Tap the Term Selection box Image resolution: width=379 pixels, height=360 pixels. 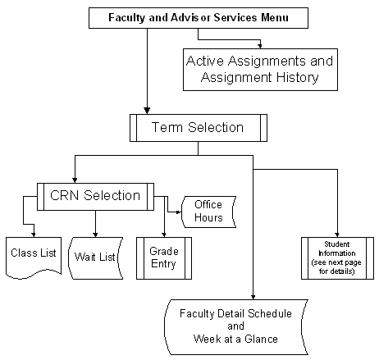click(x=198, y=128)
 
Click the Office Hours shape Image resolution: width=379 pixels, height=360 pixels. click(x=208, y=212)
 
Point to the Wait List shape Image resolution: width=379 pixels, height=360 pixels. click(x=95, y=257)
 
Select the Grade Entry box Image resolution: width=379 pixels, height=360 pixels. click(x=163, y=257)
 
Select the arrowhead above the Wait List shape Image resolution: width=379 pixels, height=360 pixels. click(x=96, y=232)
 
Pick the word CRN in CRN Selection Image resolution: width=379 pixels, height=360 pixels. click(x=66, y=197)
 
